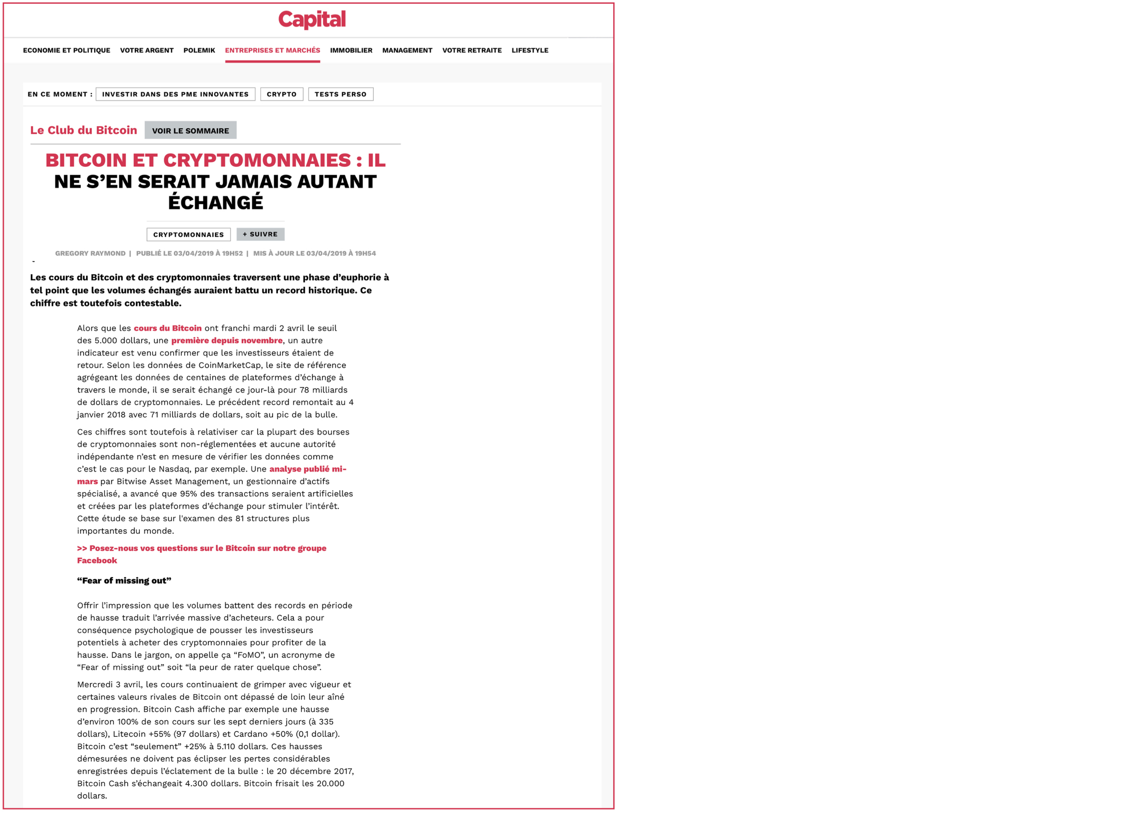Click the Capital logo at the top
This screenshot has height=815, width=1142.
[312, 19]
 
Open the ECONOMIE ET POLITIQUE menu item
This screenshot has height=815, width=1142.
[66, 50]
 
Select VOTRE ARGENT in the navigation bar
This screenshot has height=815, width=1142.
[146, 50]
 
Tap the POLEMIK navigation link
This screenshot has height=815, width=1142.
[199, 50]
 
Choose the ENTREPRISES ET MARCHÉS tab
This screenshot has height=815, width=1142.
[272, 50]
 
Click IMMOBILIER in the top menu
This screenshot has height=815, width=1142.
[351, 50]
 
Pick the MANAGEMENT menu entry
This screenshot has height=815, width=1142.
[407, 50]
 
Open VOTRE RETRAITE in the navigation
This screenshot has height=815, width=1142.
[471, 50]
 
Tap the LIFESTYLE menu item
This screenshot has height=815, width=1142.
[529, 50]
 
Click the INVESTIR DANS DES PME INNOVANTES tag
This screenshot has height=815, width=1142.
[175, 94]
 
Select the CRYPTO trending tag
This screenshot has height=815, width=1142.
[281, 94]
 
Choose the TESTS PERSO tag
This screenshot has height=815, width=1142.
[340, 94]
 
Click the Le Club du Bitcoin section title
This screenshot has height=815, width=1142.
[83, 131]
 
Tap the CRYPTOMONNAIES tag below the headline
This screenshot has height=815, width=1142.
[188, 234]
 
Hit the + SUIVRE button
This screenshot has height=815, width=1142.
[260, 234]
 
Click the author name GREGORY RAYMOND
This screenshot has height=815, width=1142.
[90, 253]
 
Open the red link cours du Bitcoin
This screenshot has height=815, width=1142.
[167, 328]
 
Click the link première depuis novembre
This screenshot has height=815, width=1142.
[226, 341]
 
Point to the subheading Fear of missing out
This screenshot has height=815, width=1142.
[124, 581]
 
